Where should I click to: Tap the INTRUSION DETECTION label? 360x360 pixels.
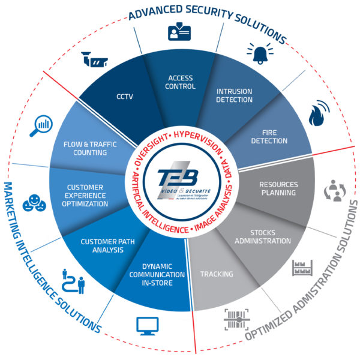coord(234,95)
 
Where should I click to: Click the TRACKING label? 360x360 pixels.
coord(217,274)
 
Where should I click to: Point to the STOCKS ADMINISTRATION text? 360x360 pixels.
coord(270,236)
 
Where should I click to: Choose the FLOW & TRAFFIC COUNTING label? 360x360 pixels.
coord(85,148)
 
